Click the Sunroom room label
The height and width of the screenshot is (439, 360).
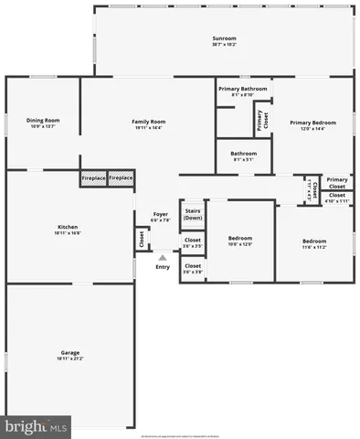[224, 38]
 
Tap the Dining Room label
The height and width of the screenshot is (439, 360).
[43, 121]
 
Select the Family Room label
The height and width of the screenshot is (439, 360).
[148, 121]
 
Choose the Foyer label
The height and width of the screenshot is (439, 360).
[160, 214]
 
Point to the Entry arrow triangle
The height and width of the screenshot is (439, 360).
[163, 258]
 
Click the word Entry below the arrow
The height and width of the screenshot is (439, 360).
[163, 267]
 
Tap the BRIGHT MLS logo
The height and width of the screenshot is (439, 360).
[37, 426]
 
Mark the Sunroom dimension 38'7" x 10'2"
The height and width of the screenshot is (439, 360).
[224, 45]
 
